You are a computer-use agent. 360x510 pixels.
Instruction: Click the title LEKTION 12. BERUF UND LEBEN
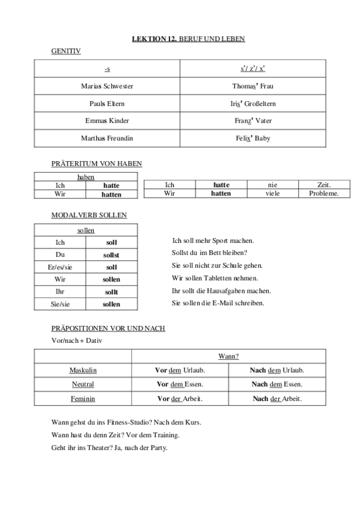pos(188,39)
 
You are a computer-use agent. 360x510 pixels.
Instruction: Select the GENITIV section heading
pos(66,52)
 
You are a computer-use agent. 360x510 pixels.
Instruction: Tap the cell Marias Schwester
pos(107,86)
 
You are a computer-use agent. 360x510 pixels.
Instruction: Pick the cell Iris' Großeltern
pos(254,103)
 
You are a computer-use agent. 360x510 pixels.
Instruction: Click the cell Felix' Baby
pos(253,138)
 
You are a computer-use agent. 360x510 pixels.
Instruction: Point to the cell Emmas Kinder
pos(107,121)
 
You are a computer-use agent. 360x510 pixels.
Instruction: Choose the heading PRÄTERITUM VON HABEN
pos(96,163)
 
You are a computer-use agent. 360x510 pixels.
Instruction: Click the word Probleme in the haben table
pos(324,194)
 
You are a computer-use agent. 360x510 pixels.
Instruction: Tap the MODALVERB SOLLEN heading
pos(89,215)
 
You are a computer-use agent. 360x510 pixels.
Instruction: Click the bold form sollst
pos(111,255)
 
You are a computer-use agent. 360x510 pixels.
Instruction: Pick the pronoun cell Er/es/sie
pos(59,267)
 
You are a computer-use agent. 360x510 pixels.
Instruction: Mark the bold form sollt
pos(111,292)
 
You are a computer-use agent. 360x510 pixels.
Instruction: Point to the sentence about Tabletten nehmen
pos(215,278)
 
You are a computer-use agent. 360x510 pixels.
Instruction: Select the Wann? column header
pos(228,357)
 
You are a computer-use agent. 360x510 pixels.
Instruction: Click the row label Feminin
pos(83,399)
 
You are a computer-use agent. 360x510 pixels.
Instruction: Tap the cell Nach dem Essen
pos(277,384)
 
